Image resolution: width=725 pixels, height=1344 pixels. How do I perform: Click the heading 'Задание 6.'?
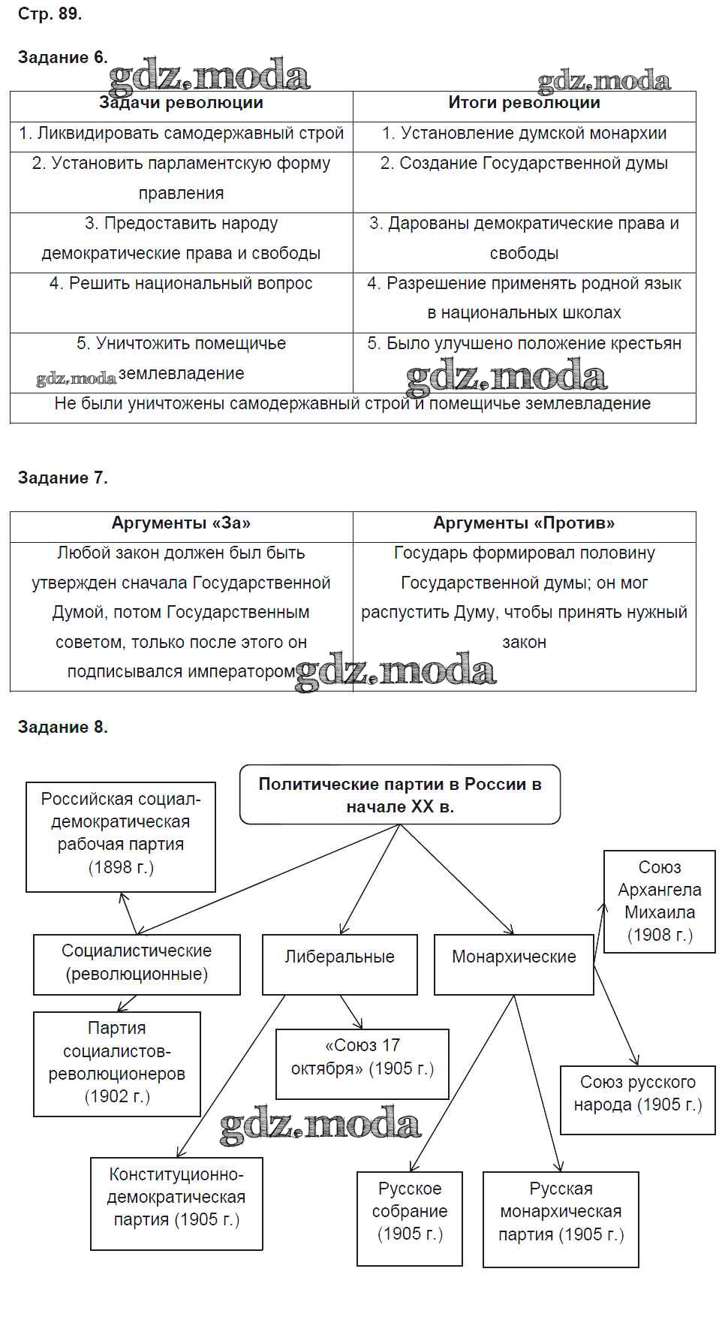pos(62,57)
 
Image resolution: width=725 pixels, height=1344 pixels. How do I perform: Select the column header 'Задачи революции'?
pos(181,104)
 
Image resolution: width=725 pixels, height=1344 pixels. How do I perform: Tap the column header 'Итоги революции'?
pos(524,104)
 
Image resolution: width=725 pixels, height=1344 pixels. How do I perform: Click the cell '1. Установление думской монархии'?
pos(524,134)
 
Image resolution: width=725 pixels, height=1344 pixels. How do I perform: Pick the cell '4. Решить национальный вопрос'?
pos(181,284)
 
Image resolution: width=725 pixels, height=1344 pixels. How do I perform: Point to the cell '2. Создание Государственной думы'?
pos(524,164)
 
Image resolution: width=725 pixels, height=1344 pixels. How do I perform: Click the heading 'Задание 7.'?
pos(62,478)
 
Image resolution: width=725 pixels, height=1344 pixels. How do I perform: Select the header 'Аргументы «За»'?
pos(181,523)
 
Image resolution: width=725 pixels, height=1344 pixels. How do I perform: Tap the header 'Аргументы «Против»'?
pos(524,523)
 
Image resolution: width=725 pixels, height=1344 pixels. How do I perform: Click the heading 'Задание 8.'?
pos(62,727)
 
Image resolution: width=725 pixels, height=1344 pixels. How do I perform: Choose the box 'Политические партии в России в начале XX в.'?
pos(400,795)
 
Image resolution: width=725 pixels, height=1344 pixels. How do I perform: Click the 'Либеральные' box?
pos(339,963)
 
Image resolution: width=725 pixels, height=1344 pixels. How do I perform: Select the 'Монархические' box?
pos(513,963)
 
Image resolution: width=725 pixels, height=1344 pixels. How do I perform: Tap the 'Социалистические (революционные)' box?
pos(137,963)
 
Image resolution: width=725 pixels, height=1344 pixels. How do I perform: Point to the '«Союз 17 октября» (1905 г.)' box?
pos(362,1063)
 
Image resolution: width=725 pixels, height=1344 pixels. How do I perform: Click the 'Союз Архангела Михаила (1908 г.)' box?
pos(660,901)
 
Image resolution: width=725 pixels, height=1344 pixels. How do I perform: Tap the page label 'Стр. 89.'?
pos(50,14)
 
